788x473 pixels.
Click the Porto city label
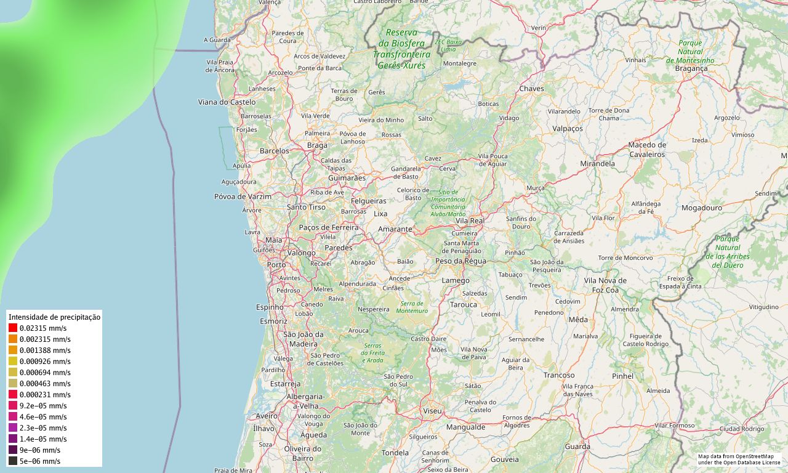(x=276, y=265)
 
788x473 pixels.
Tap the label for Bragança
(x=691, y=69)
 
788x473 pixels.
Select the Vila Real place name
(x=470, y=220)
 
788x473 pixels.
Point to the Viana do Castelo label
(x=227, y=102)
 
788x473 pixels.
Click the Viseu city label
(x=432, y=411)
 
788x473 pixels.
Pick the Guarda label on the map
(x=577, y=447)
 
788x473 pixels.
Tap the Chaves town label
(x=532, y=89)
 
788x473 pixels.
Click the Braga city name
(x=317, y=146)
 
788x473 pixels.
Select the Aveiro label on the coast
(x=267, y=416)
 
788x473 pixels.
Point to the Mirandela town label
(x=597, y=164)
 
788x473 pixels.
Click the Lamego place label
(x=456, y=281)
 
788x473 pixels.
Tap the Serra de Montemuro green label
(x=412, y=307)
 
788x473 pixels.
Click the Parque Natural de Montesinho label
(x=690, y=52)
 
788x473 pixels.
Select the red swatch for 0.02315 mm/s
(x=13, y=328)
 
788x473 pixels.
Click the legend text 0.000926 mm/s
(x=45, y=362)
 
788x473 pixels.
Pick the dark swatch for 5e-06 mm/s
(x=13, y=461)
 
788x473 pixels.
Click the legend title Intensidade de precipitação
(x=54, y=317)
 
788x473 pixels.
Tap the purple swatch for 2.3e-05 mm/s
(x=13, y=427)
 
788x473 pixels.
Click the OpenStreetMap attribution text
(x=739, y=459)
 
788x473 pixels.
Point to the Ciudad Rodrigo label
(x=742, y=429)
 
